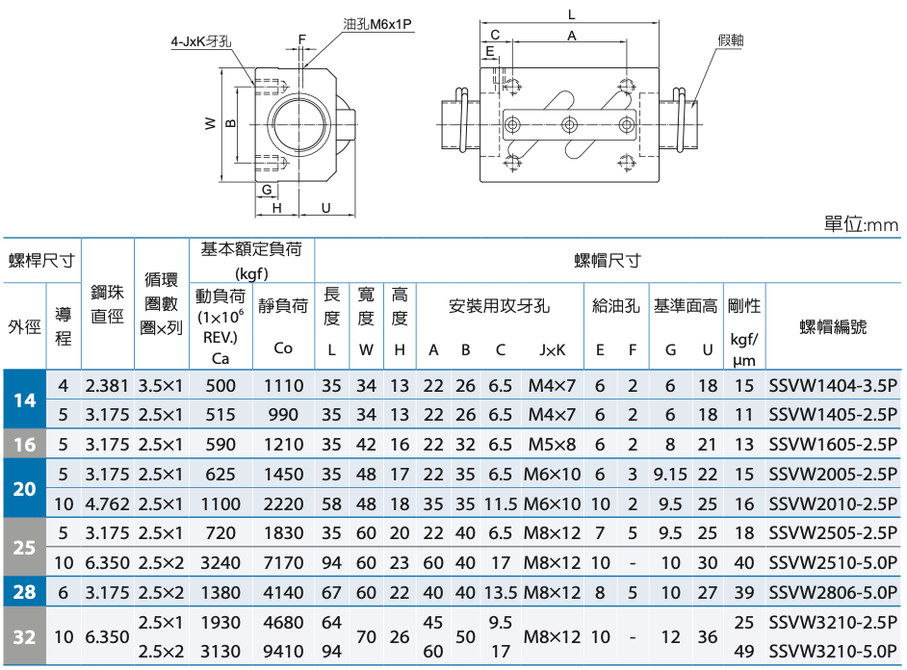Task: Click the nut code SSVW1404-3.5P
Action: pyautogui.click(x=833, y=386)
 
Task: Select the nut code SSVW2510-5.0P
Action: pyautogui.click(x=833, y=562)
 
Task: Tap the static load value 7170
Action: pyautogui.click(x=283, y=562)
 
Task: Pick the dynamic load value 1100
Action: pyautogui.click(x=220, y=504)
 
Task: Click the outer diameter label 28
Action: pyautogui.click(x=24, y=592)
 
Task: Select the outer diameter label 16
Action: pyautogui.click(x=24, y=445)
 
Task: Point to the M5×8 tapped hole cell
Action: pyautogui.click(x=552, y=445)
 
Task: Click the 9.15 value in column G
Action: pyautogui.click(x=670, y=475)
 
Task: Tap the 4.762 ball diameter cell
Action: pyautogui.click(x=107, y=504)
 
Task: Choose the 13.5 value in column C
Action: pyautogui.click(x=501, y=593)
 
